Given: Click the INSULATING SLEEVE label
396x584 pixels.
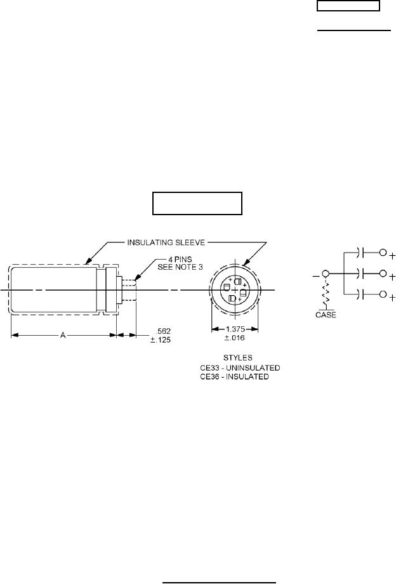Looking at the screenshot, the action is point(166,242).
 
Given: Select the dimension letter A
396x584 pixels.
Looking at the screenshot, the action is point(63,336).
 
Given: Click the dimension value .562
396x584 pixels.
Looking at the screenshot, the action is point(164,331).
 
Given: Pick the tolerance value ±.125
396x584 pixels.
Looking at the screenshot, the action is point(161,340).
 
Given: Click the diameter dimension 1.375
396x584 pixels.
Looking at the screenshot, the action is point(235,329).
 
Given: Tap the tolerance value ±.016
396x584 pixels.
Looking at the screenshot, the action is point(235,338).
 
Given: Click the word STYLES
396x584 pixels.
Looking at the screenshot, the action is point(238,358).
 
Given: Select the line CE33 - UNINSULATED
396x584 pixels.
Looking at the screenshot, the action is point(240,368).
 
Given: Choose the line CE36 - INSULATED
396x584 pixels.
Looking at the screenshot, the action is point(234,377).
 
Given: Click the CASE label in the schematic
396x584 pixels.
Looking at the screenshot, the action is point(326,315).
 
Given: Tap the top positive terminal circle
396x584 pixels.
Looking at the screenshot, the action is point(383,253).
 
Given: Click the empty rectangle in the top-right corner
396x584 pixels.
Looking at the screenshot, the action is point(348,6).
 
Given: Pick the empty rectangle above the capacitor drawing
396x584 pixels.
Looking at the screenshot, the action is point(197,203).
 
